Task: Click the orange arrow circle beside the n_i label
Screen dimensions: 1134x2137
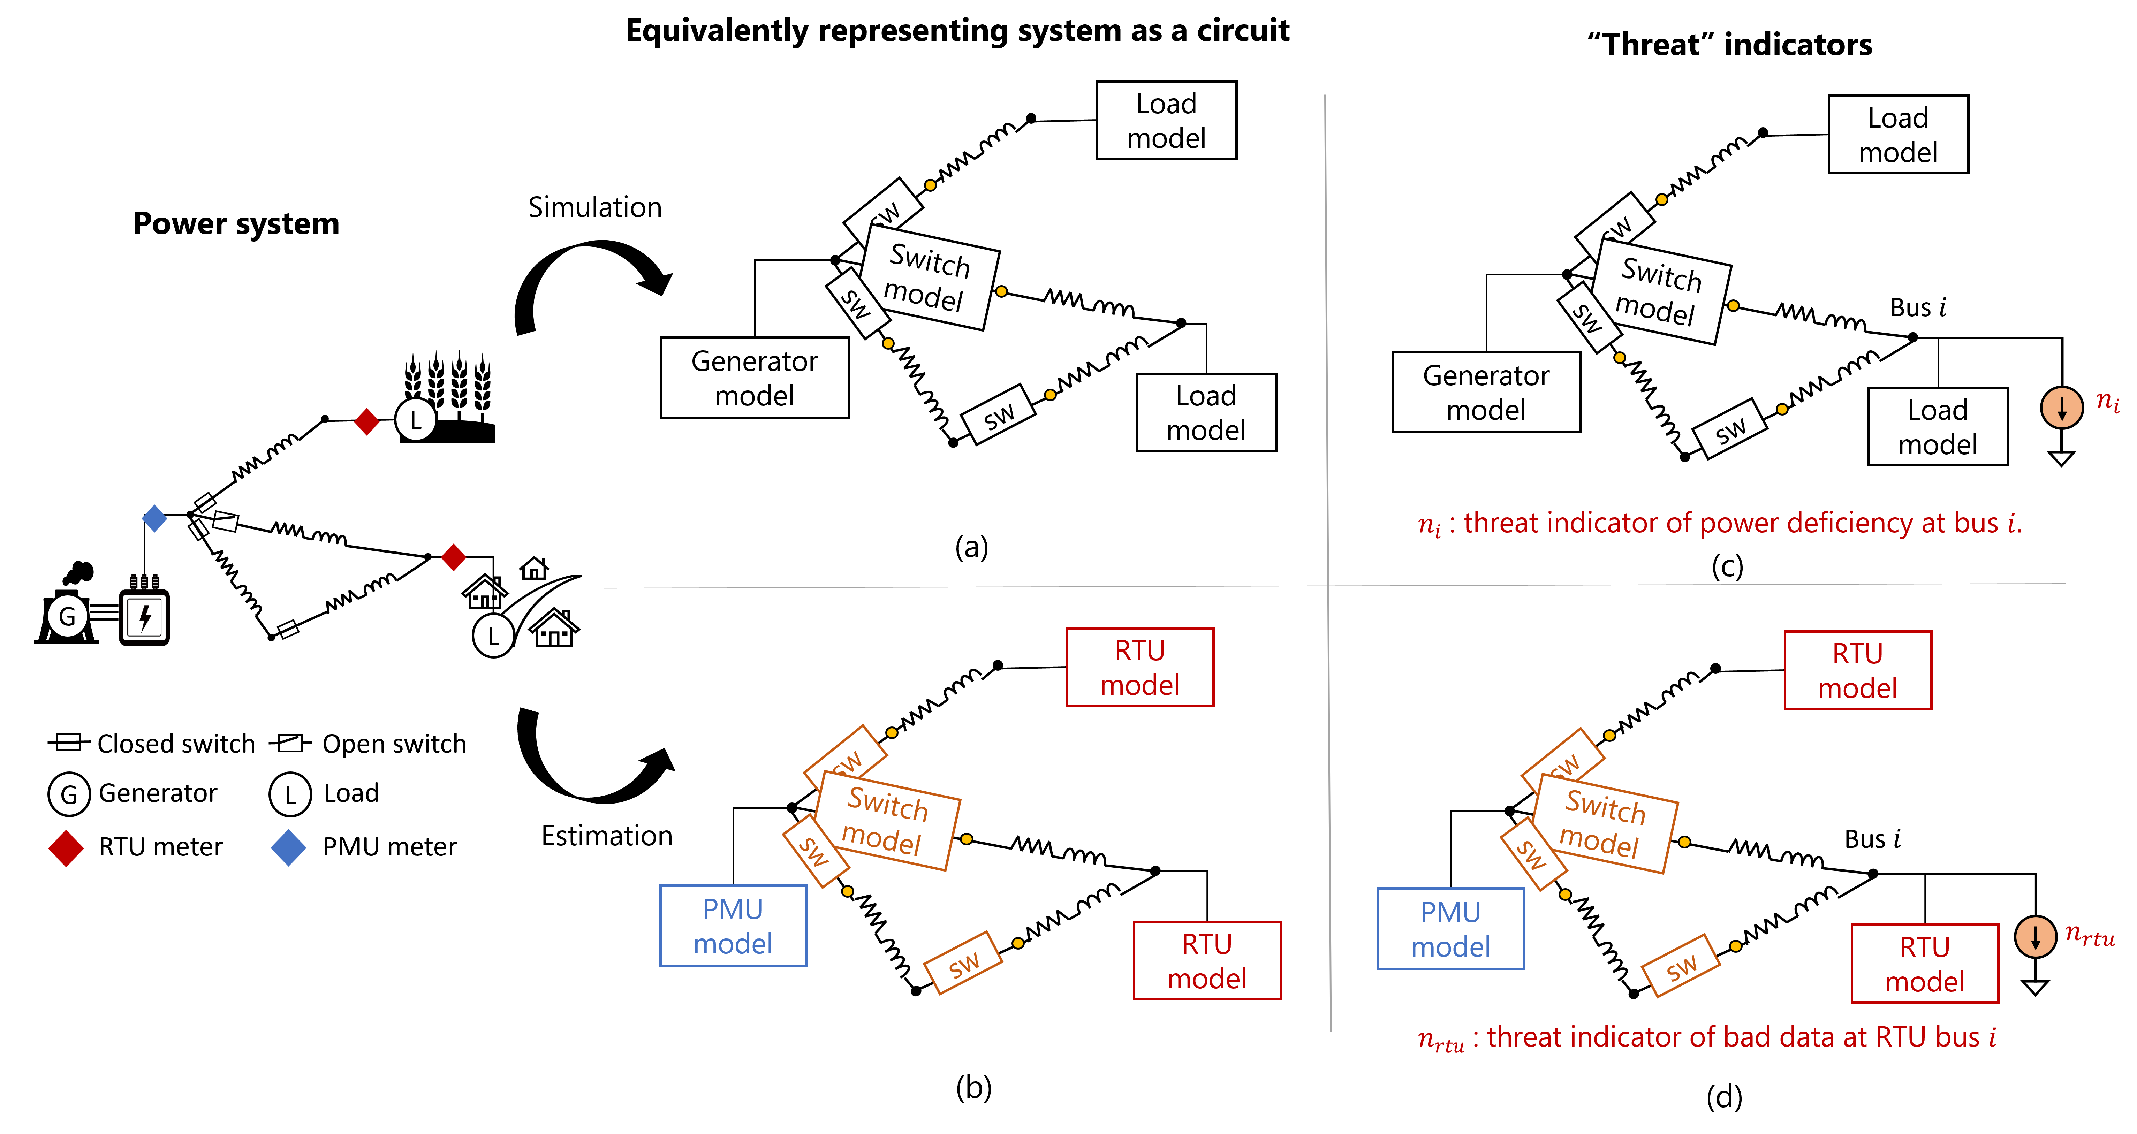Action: click(x=2061, y=407)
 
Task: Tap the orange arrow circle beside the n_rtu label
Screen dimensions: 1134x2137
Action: click(x=2035, y=937)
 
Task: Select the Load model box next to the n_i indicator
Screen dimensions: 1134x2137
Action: click(x=1937, y=426)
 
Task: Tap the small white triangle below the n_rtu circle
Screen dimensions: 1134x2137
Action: click(x=2035, y=987)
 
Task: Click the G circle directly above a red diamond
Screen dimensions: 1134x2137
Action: click(x=69, y=795)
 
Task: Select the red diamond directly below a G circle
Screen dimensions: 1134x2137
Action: click(x=66, y=848)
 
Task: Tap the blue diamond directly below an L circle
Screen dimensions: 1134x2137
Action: click(x=289, y=848)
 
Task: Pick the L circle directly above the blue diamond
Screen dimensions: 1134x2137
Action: click(x=290, y=795)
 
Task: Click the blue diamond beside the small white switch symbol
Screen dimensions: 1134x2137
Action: click(x=154, y=518)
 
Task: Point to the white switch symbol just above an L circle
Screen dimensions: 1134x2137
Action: click(x=290, y=743)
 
